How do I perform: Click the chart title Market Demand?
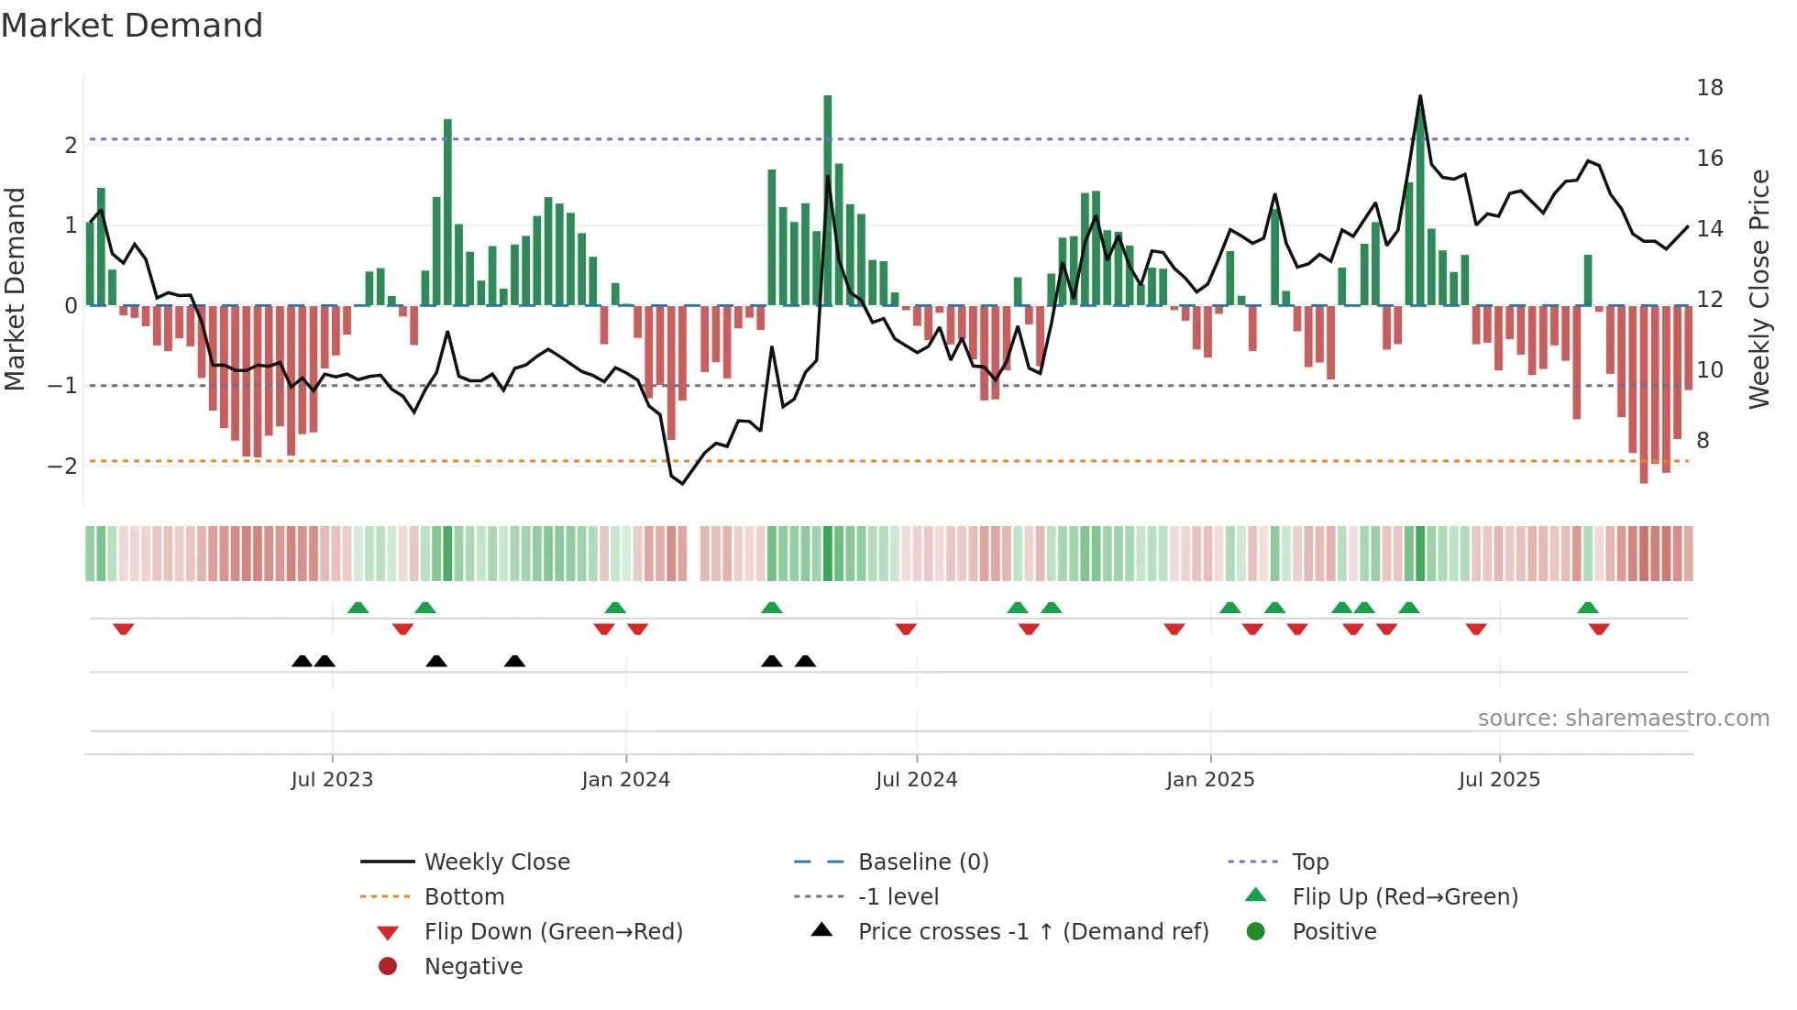point(132,26)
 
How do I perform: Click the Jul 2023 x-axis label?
point(332,780)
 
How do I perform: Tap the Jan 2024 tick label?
point(625,780)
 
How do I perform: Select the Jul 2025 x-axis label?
point(1499,780)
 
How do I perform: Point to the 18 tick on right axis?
point(1709,88)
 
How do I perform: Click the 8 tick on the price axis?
point(1703,441)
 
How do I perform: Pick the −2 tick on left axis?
point(62,466)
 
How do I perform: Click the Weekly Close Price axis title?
point(1758,289)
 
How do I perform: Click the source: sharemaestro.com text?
point(1623,719)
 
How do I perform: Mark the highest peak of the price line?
point(1420,96)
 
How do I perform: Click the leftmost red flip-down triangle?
point(124,629)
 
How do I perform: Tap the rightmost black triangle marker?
point(805,661)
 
